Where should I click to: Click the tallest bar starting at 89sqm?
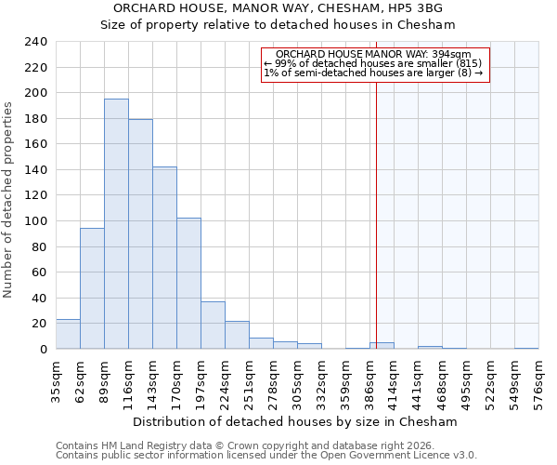click(116, 224)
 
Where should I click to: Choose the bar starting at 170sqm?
click(188, 284)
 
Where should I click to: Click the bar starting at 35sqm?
click(68, 334)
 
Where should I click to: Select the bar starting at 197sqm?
click(213, 325)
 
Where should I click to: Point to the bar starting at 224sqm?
click(237, 335)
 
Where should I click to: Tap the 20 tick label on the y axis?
click(39, 324)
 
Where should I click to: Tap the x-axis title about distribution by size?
click(296, 421)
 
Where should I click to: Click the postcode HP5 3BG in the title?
click(421, 7)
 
